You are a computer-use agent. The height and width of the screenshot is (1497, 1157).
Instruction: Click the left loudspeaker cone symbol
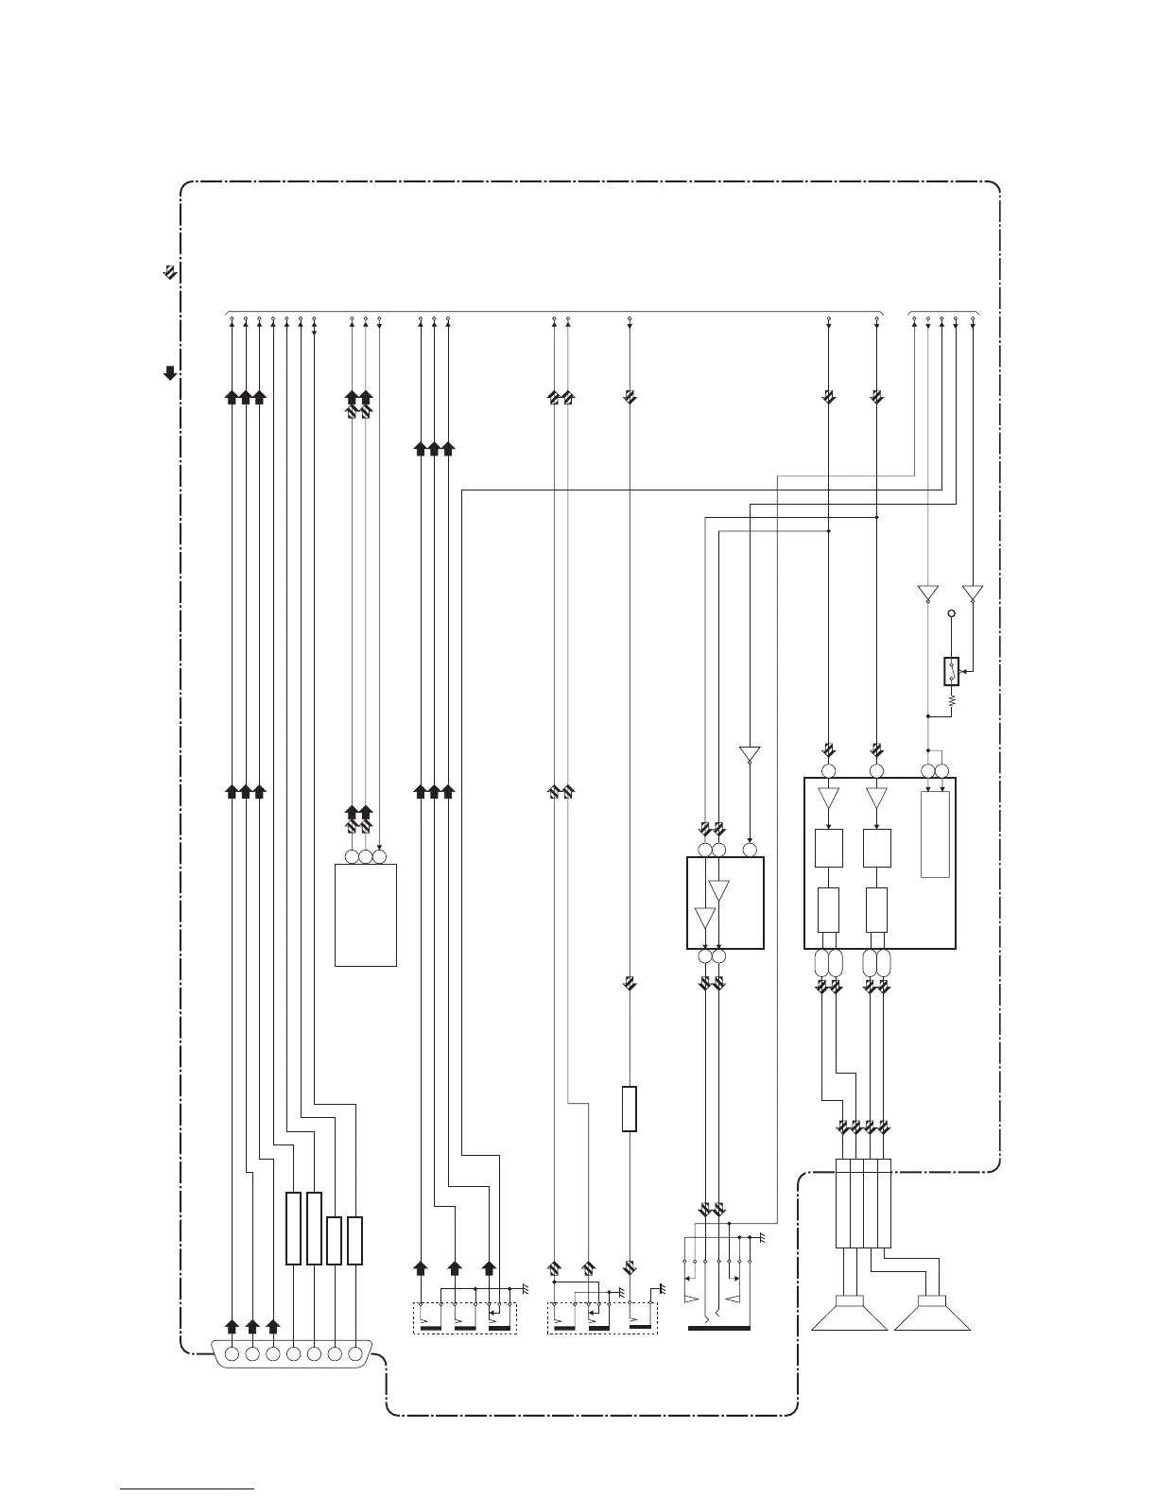tap(849, 1315)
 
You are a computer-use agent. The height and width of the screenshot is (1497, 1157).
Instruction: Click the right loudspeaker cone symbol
tap(932, 1315)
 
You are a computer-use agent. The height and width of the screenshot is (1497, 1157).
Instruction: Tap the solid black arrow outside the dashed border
tap(170, 372)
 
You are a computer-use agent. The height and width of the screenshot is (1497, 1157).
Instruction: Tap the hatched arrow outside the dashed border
tap(168, 273)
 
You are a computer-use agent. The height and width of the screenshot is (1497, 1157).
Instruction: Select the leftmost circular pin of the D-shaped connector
tap(232, 1353)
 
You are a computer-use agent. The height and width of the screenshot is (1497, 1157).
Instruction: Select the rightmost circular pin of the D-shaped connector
tap(355, 1353)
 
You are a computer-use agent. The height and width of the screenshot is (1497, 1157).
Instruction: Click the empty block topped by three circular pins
tap(365, 914)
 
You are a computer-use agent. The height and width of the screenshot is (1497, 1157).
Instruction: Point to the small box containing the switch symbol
tap(952, 671)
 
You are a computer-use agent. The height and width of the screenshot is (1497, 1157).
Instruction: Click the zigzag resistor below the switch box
tap(952, 700)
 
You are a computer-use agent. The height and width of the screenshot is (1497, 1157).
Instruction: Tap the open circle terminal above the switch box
tap(952, 614)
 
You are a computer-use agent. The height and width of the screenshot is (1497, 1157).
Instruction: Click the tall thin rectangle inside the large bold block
tap(935, 835)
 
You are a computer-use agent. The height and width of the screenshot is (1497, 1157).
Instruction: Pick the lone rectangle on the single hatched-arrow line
tap(630, 1109)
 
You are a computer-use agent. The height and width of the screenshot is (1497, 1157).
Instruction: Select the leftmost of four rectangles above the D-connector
tap(293, 1228)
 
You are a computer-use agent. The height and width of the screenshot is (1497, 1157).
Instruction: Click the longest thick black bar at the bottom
tap(719, 1328)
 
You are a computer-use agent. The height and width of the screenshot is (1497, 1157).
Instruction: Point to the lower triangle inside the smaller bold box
tap(705, 918)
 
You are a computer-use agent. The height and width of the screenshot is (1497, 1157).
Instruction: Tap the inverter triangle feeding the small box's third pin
tap(750, 755)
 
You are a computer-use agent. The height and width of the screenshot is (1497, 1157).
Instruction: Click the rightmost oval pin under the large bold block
tap(885, 964)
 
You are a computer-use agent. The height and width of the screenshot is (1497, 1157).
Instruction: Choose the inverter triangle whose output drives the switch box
tap(973, 594)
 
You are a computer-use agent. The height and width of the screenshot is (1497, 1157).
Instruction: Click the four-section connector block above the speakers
tap(863, 1203)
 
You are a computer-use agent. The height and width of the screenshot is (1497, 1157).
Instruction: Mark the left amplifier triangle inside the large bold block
tap(829, 798)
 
